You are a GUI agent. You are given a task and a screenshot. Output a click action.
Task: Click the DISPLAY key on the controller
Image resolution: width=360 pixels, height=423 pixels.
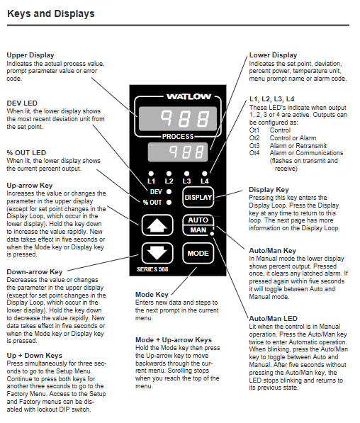[x=198, y=197]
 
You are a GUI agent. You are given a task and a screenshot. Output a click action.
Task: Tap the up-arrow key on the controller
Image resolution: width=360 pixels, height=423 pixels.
[x=157, y=225]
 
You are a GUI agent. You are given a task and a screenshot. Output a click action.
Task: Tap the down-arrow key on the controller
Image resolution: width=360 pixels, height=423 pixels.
[x=157, y=253]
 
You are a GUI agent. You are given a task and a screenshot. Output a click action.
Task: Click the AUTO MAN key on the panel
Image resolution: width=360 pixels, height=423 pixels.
[x=198, y=225]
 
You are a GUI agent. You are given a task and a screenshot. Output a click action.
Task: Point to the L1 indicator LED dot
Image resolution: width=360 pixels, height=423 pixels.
[x=151, y=174]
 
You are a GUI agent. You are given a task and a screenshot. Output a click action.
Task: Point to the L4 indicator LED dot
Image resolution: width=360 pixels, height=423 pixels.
[x=205, y=174]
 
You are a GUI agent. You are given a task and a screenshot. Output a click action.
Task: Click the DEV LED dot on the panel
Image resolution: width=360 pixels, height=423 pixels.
[x=169, y=192]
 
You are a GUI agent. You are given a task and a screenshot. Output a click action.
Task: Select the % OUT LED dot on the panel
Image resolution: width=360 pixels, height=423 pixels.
[x=169, y=203]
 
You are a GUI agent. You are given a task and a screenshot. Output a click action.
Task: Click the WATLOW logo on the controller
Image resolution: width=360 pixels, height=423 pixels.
[x=189, y=96]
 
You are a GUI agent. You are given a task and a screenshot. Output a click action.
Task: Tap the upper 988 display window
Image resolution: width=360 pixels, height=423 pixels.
[x=178, y=119]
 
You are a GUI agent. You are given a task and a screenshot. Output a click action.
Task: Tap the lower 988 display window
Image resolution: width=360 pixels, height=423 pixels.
[x=178, y=152]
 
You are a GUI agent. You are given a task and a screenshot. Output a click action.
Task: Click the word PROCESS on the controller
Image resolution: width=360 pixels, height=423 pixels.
[x=178, y=137]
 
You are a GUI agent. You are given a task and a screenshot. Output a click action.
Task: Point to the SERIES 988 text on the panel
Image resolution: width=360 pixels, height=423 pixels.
[x=152, y=269]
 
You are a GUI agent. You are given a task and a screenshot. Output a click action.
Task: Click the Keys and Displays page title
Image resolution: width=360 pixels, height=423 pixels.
[x=51, y=13]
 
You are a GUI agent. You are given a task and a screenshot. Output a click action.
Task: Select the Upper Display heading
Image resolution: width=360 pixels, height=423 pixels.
[x=30, y=55]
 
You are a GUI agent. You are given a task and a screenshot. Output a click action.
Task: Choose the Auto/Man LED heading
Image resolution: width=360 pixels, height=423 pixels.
[x=273, y=319]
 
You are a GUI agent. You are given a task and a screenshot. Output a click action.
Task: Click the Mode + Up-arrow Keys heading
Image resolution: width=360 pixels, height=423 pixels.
[x=174, y=340]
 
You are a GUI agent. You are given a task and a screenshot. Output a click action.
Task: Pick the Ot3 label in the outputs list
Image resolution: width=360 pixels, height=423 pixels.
[x=254, y=146]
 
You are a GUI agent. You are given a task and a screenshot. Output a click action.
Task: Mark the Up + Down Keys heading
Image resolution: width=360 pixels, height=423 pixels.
[x=35, y=356]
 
